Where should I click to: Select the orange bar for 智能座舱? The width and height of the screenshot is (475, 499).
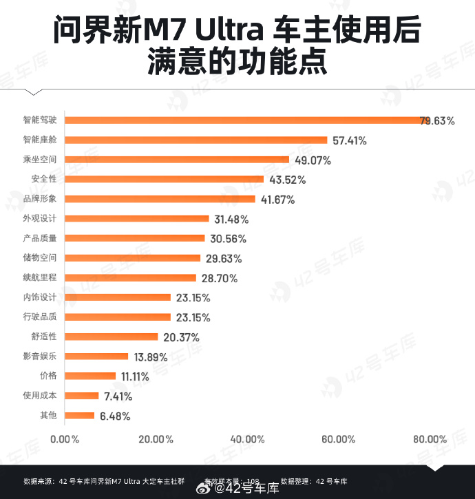click(196, 140)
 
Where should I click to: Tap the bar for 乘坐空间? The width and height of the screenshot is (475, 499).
click(177, 160)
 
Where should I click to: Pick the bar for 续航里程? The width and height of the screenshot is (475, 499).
click(131, 278)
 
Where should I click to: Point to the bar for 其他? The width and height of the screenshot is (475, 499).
click(80, 415)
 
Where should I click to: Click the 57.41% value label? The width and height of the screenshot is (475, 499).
click(349, 140)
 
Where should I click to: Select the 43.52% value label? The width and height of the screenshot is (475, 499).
click(286, 180)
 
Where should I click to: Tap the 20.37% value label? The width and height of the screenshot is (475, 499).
click(180, 337)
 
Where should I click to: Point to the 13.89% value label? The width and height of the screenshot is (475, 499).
click(151, 357)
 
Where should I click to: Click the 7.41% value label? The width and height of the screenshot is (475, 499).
click(118, 396)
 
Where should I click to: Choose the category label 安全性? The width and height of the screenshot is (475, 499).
click(43, 179)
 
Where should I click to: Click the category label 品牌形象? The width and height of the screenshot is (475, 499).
click(39, 199)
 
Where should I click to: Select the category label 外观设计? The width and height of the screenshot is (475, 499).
click(39, 218)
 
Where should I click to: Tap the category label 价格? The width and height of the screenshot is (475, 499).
click(48, 376)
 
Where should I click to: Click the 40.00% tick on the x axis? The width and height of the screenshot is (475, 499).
click(247, 438)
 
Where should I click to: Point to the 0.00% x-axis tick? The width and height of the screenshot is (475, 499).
click(65, 438)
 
